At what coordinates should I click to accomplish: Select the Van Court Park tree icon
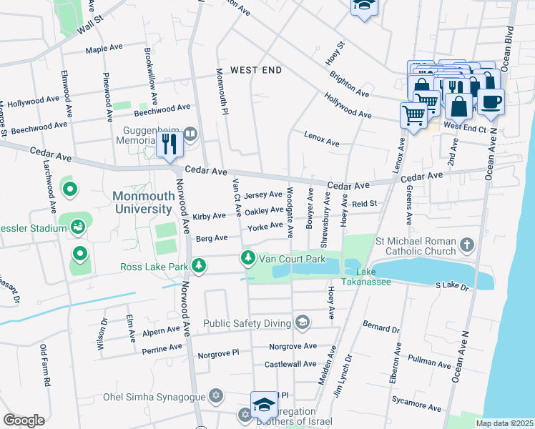[247, 257]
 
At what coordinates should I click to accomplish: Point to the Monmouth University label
[142, 202]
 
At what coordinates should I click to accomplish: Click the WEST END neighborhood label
[256, 70]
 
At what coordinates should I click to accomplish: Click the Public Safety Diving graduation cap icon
[303, 322]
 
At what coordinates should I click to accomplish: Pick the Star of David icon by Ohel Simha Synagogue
[215, 395]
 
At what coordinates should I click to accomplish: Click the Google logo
[24, 420]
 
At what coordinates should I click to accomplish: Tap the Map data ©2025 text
[504, 423]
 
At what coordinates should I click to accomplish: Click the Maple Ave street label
[104, 49]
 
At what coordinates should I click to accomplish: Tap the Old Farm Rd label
[44, 366]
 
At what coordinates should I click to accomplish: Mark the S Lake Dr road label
[451, 286]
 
